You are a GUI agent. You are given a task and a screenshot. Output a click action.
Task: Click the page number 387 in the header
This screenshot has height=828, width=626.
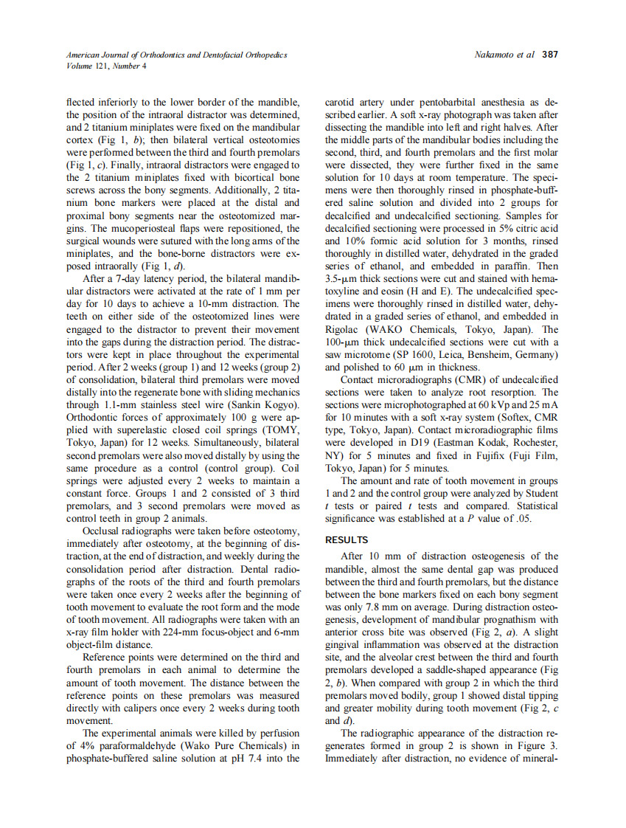tap(550, 55)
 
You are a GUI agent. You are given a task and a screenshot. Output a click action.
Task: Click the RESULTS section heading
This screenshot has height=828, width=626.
tap(347, 540)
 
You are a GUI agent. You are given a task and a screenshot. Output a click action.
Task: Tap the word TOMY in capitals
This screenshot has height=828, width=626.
tap(282, 429)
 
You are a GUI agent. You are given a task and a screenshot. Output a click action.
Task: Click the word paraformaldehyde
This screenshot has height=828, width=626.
tap(130, 746)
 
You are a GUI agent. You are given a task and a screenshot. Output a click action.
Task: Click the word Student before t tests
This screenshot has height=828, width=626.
tap(539, 493)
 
